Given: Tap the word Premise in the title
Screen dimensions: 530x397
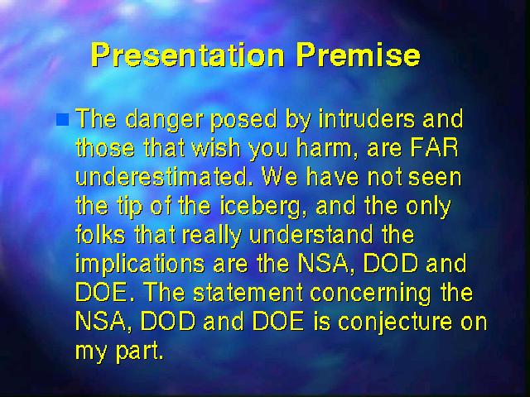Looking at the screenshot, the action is (x=359, y=55).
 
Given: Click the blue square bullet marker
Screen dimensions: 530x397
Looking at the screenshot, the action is (x=63, y=119).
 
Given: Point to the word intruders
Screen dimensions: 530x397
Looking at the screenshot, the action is (x=367, y=119).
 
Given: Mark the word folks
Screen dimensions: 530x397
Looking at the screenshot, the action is (x=100, y=235).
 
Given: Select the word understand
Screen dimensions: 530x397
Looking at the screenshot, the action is (x=311, y=235).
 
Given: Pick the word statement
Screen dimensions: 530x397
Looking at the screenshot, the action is (x=248, y=293).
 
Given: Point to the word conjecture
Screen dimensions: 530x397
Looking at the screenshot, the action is (x=395, y=323).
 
